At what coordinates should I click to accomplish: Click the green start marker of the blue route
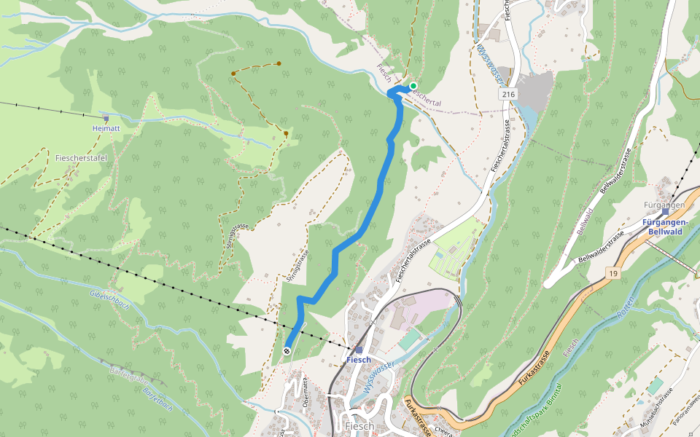click(413, 86)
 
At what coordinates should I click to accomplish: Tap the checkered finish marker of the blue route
click(287, 351)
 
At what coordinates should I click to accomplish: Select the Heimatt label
click(106, 128)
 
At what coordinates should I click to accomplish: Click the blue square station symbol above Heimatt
click(106, 118)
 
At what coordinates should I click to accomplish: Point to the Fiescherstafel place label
click(81, 157)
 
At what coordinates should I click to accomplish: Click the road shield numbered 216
click(508, 95)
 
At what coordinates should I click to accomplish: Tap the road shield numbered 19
click(612, 272)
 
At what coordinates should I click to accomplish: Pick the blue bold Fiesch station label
click(358, 360)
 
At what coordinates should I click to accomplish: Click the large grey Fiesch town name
click(359, 426)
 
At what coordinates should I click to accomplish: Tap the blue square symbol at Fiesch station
click(359, 350)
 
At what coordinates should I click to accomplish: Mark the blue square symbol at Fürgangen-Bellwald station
click(665, 213)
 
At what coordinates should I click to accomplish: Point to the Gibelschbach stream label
click(109, 297)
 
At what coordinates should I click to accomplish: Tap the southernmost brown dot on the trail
click(286, 133)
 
